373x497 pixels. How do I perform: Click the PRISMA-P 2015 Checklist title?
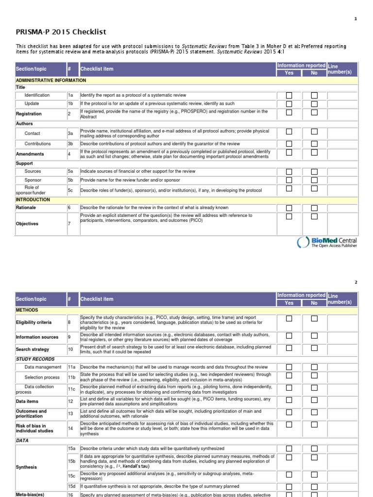[61, 32]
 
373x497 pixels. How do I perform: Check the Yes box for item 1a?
[289, 96]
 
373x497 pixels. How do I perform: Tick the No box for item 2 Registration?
[314, 113]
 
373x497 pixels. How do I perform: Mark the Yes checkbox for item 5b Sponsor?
[289, 180]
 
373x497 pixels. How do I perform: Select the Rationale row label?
[26, 208]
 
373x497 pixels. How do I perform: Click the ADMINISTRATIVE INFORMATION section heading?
[51, 80]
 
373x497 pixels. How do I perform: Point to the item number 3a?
[70, 133]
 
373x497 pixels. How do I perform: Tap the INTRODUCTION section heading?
[33, 199]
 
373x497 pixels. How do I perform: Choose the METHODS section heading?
[27, 310]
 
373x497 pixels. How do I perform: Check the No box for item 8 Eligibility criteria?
[314, 319]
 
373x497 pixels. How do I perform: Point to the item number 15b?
[72, 461]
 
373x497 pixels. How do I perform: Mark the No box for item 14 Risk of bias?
[314, 425]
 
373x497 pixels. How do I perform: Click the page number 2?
[356, 282]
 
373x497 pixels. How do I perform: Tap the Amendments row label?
[30, 154]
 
